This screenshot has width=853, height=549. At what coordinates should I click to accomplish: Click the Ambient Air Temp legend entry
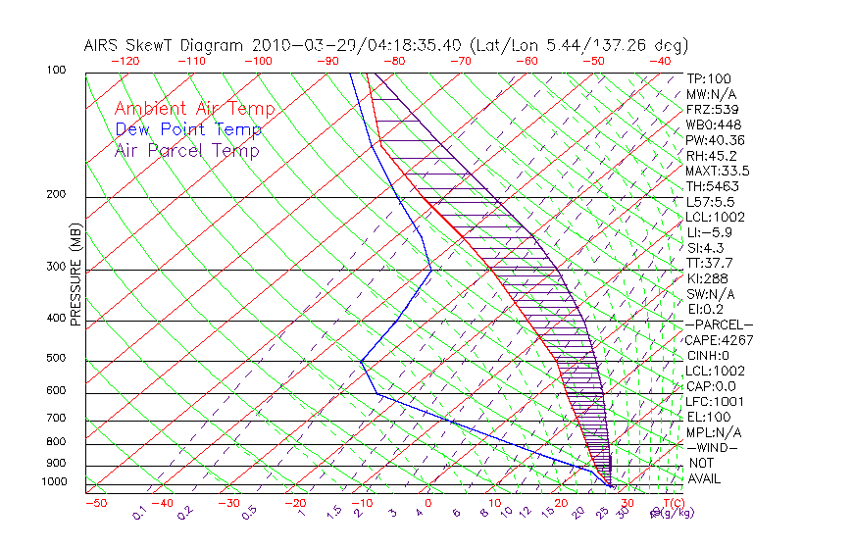tap(195, 109)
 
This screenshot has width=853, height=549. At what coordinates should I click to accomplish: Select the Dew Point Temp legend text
tap(188, 129)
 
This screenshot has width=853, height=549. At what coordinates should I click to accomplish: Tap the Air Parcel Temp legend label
tap(187, 150)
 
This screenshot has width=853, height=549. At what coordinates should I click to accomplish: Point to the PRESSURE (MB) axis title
tap(75, 276)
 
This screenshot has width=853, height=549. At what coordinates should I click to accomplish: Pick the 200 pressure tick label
tap(56, 194)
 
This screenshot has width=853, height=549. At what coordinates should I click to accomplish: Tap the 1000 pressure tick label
tap(53, 481)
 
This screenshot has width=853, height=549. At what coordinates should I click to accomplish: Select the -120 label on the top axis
tap(125, 61)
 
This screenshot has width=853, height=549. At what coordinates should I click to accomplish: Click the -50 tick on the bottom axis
tap(95, 503)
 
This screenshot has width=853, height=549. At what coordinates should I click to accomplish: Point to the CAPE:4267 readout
tap(716, 340)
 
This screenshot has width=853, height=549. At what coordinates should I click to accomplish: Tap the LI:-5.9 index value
tap(708, 232)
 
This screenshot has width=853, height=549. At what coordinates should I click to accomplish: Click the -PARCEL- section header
tap(720, 324)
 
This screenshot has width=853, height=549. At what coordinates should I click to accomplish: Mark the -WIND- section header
tap(714, 447)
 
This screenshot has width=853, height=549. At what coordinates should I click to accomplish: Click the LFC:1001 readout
tap(716, 401)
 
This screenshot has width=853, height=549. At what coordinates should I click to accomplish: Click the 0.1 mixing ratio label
tap(140, 511)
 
